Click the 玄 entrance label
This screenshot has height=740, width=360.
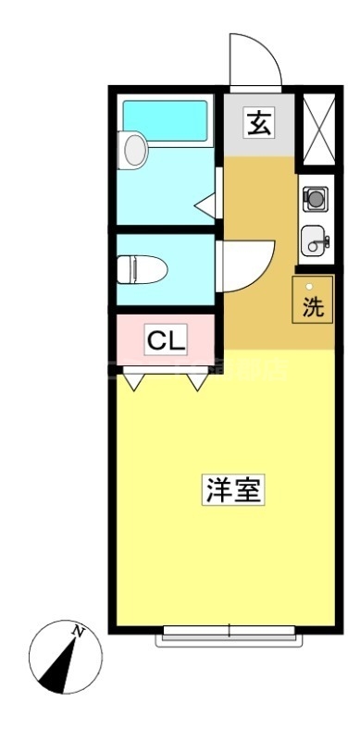coord(259,123)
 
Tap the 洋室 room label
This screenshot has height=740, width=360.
coord(234,490)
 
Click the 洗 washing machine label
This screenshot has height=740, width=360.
coord(315,307)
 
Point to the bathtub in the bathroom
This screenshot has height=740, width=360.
coord(167,119)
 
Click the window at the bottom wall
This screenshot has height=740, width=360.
coord(229,633)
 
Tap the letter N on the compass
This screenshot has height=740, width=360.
coord(80,633)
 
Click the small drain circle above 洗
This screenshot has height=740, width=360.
coord(310,287)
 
